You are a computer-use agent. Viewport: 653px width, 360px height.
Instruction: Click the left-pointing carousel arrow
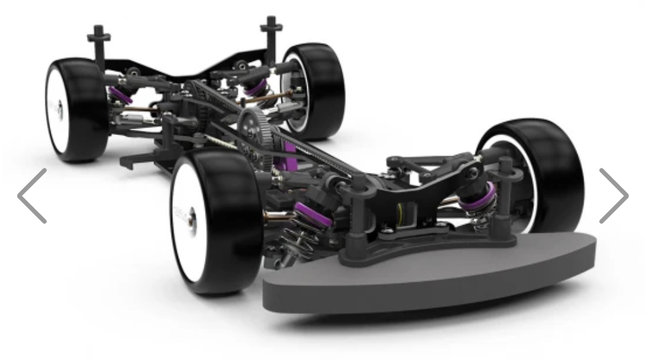pos(32,196)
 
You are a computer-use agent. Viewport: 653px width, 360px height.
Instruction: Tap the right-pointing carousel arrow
pos(613,196)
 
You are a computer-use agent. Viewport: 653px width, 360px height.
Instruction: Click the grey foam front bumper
pos(424,276)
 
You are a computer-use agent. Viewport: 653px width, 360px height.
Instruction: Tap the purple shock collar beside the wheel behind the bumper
pos(479,192)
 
